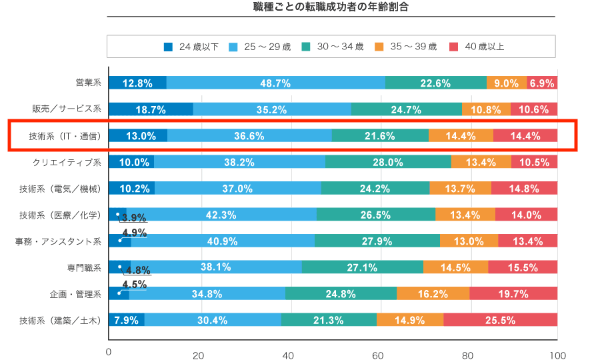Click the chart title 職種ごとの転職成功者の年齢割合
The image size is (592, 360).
click(331, 8)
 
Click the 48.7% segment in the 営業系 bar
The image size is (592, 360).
click(275, 83)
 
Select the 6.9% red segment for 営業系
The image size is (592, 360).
click(542, 83)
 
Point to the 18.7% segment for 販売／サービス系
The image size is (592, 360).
click(151, 109)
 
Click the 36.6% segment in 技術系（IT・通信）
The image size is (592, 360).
click(249, 136)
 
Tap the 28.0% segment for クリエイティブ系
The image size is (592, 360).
click(388, 162)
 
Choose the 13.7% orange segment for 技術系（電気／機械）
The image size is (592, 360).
click(460, 188)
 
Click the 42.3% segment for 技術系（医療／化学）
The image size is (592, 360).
click(221, 214)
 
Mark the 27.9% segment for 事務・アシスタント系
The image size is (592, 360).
click(377, 241)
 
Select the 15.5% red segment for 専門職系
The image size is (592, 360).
click(523, 267)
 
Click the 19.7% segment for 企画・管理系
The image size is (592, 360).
click(513, 293)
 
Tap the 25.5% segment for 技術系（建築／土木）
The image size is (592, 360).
click(500, 320)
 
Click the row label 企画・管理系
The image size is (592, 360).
click(75, 293)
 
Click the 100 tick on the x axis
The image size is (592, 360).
click(557, 355)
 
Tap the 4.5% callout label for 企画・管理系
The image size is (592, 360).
click(134, 283)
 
